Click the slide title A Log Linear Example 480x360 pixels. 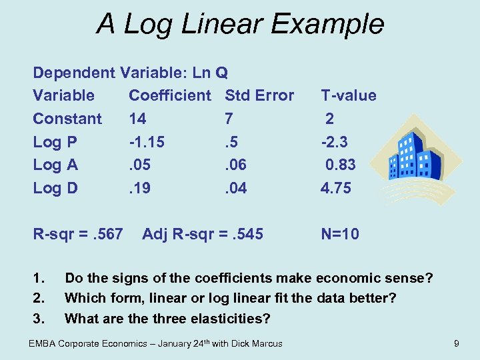(x=240, y=24)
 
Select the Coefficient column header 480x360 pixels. (x=169, y=95)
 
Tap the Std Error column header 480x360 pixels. (x=259, y=95)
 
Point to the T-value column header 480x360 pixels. (x=349, y=95)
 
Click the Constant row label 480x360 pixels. (x=67, y=119)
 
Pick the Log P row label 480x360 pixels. (x=55, y=142)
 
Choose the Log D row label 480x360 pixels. (x=55, y=188)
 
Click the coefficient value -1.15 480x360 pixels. (x=147, y=142)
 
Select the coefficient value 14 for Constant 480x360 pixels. (x=138, y=119)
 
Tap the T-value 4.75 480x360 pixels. (x=336, y=188)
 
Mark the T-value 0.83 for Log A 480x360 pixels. (x=340, y=165)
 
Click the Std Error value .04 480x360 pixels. (x=236, y=188)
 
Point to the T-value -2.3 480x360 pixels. (x=334, y=142)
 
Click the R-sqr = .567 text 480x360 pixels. (x=78, y=234)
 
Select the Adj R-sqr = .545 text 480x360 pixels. (x=203, y=234)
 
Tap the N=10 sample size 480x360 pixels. (x=340, y=234)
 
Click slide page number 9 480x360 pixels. (x=456, y=343)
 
